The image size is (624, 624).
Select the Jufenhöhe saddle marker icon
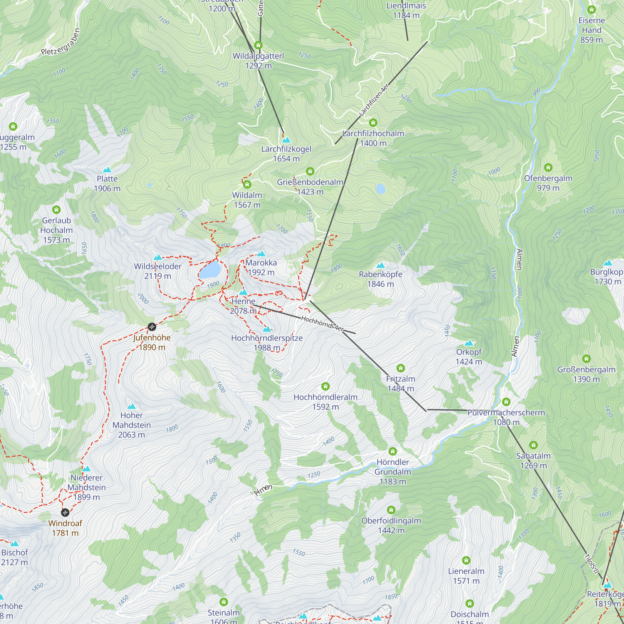click(x=152, y=327)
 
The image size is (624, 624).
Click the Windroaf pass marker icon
click(x=65, y=512)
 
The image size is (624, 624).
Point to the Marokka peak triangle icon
click(x=261, y=254)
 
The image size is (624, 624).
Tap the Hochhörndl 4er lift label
click(x=322, y=323)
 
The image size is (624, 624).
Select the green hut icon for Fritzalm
click(x=401, y=368)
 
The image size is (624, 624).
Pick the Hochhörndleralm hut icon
click(x=325, y=386)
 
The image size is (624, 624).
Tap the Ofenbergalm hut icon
click(x=548, y=167)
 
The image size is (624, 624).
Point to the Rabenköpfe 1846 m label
click(x=380, y=279)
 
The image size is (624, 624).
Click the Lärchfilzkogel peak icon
click(x=286, y=140)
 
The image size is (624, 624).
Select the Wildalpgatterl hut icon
click(x=258, y=45)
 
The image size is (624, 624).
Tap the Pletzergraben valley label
click(x=61, y=43)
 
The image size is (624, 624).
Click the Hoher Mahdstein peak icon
click(x=131, y=406)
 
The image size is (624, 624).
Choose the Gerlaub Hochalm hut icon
click(x=56, y=210)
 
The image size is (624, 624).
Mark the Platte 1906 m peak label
click(x=107, y=183)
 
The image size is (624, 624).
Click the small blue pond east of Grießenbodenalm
click(x=381, y=188)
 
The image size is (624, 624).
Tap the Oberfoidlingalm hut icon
click(x=391, y=510)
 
